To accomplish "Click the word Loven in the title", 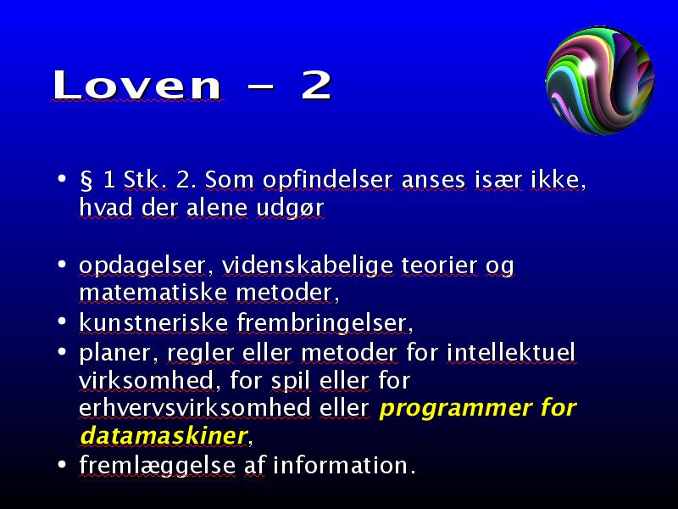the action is pyautogui.click(x=137, y=85).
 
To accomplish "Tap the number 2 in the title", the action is pyautogui.click(x=316, y=86).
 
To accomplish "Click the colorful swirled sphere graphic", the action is pyautogui.click(x=600, y=80).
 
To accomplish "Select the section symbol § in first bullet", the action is pyautogui.click(x=86, y=180).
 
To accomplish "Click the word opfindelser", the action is pyautogui.click(x=328, y=181).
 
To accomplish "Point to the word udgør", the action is pyautogui.click(x=290, y=208).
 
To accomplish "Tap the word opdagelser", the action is pyautogui.click(x=142, y=266).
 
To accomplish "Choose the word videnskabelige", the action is pyautogui.click(x=308, y=266).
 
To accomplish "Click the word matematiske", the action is pyautogui.click(x=153, y=293).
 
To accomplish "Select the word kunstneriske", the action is pyautogui.click(x=153, y=323).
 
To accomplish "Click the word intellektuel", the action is pyautogui.click(x=511, y=352).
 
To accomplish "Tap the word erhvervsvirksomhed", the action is pyautogui.click(x=195, y=408).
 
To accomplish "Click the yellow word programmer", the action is pyautogui.click(x=447, y=409).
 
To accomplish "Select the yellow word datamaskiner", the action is pyautogui.click(x=164, y=435).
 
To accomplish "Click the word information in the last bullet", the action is pyautogui.click(x=342, y=465).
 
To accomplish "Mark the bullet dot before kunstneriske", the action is pyautogui.click(x=62, y=322).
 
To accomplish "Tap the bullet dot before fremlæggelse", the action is pyautogui.click(x=62, y=464).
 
